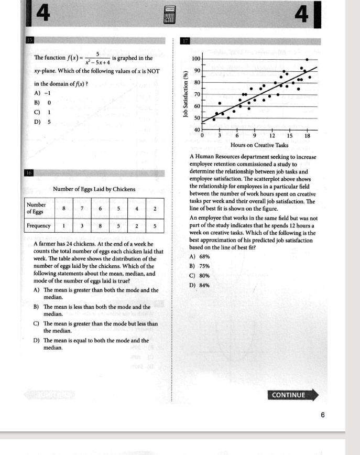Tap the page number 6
323,415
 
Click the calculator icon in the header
169,15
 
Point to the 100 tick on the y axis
196,58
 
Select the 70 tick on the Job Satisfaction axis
196,94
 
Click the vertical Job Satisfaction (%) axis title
184,94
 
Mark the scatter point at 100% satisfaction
307,59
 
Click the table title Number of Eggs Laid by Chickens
94,189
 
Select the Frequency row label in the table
39,226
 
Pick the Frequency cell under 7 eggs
82,226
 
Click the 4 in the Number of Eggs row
136,209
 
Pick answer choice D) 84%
199,285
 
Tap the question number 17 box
185,40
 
